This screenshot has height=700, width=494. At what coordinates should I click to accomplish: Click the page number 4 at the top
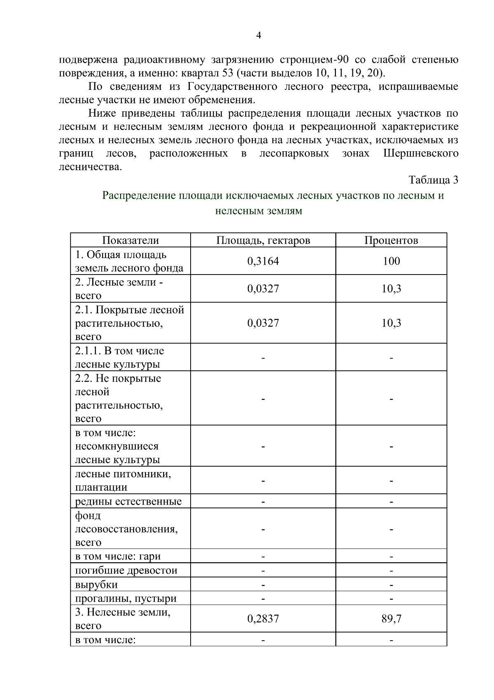259,35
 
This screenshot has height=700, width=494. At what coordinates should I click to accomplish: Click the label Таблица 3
433,180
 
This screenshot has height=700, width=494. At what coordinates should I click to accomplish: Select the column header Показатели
130,240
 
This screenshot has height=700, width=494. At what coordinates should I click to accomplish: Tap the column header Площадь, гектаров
263,240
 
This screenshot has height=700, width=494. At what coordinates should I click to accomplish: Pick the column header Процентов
391,240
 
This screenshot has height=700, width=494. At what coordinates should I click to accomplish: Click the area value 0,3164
263,261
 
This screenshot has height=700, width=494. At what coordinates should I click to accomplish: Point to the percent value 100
391,261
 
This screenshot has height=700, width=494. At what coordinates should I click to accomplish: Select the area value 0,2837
263,619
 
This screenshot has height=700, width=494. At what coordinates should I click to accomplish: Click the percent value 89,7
391,619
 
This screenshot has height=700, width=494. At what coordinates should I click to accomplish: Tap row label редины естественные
128,502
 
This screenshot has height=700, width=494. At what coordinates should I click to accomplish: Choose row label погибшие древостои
126,571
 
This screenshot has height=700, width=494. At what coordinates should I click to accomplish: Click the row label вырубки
96,585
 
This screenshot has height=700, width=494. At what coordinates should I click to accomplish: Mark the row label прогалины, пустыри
126,598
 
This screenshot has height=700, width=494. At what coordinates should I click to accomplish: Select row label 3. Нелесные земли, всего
122,619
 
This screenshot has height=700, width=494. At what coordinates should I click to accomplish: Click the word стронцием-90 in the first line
314,60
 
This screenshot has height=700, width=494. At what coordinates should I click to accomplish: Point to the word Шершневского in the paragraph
421,154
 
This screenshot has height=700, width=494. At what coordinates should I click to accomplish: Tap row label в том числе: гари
118,557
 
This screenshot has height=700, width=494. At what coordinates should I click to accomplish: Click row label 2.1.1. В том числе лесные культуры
119,357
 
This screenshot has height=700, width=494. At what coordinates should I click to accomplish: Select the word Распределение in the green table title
139,195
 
